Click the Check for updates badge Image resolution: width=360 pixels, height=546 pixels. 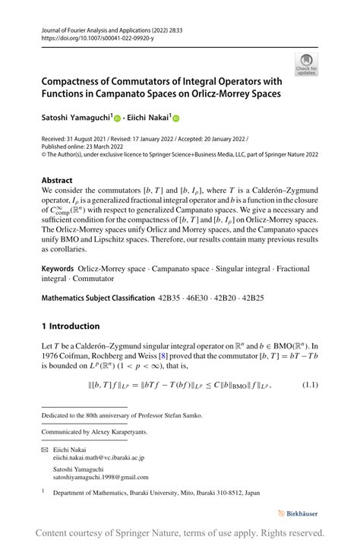click(307, 65)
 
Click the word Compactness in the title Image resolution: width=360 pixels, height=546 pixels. click(77, 81)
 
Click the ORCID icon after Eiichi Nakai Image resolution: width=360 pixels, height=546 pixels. click(177, 118)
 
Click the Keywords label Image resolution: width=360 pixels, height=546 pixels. click(58, 269)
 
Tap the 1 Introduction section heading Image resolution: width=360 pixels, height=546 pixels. click(71, 326)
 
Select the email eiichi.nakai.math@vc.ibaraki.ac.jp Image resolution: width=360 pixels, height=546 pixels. click(99, 458)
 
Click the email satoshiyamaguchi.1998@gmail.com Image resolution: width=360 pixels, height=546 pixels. click(101, 478)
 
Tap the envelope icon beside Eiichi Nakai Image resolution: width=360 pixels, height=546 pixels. click(44, 450)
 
